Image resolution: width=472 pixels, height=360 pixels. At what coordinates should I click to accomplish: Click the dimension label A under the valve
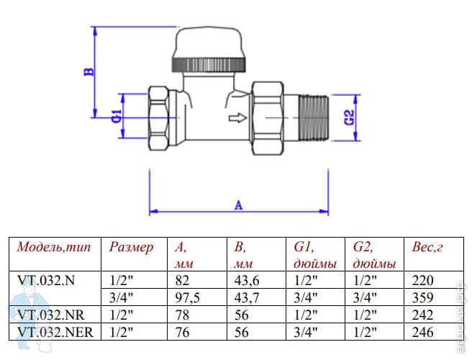pyautogui.click(x=238, y=204)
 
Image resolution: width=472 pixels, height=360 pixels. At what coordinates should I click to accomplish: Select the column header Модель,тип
pyautogui.click(x=55, y=247)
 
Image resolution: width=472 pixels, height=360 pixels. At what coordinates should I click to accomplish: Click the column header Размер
pyautogui.click(x=132, y=247)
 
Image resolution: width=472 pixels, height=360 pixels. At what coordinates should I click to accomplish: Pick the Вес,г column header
pyautogui.click(x=427, y=247)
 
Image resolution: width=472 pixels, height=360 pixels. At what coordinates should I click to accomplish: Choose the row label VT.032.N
pyautogui.click(x=46, y=280)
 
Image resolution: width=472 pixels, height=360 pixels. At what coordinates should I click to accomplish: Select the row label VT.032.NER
pyautogui.click(x=55, y=331)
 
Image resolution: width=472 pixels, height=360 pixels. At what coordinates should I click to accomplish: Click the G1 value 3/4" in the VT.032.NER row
pyautogui.click(x=304, y=331)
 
